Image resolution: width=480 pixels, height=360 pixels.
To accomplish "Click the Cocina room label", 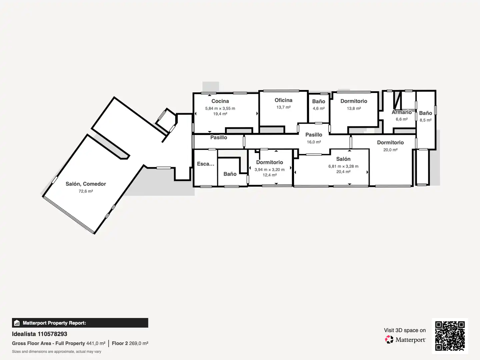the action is click(220, 101).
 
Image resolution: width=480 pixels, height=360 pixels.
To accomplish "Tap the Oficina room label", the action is click(283, 100).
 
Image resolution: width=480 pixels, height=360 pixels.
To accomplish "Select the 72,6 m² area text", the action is click(86, 191).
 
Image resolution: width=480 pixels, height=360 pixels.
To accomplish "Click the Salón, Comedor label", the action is click(86, 184).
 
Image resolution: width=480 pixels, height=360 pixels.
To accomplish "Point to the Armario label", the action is click(401, 112).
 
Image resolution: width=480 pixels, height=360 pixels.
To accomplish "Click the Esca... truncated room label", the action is click(206, 164).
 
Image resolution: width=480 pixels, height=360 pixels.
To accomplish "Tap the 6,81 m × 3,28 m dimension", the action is click(343, 166).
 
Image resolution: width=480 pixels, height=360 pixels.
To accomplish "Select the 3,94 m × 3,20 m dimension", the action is click(269, 170).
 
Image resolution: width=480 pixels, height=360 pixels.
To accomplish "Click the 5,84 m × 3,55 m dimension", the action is click(220, 108).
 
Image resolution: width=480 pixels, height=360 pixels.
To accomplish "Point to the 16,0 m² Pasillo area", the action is click(314, 142).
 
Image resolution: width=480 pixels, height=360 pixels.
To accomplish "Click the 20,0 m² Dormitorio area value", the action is click(390, 150).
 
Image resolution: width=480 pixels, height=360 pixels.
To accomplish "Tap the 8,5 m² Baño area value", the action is click(426, 120).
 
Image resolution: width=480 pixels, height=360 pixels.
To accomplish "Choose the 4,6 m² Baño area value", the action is click(319, 108).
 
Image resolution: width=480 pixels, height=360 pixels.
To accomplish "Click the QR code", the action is click(450, 336).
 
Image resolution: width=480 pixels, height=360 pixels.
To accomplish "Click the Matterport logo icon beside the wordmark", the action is click(389, 339).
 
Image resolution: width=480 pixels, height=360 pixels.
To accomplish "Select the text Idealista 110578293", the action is click(40, 334).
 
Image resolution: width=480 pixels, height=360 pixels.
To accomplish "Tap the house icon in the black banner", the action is click(17, 323).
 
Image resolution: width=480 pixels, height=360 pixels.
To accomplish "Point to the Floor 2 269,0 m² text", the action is click(130, 343).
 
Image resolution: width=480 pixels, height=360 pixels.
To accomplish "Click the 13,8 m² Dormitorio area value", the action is click(354, 108).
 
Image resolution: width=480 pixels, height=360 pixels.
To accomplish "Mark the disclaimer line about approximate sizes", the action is click(57, 352).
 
